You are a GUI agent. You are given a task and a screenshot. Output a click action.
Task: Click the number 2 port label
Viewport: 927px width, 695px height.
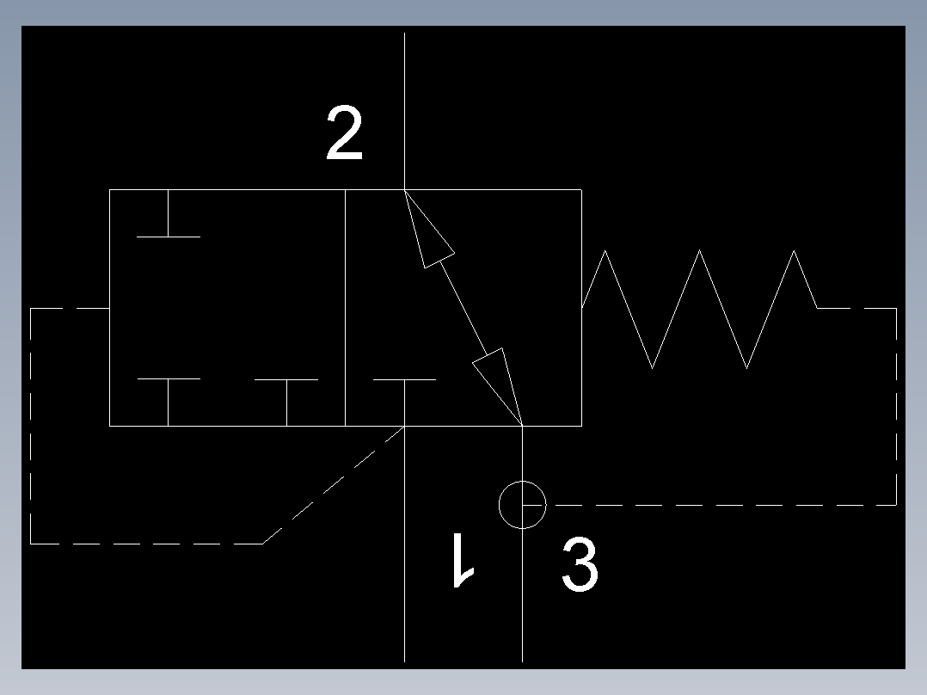pyautogui.click(x=344, y=134)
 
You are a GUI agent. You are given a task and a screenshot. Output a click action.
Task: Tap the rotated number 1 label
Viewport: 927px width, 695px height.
pyautogui.click(x=463, y=560)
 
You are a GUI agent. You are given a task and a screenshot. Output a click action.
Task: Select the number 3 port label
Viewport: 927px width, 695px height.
pyautogui.click(x=580, y=565)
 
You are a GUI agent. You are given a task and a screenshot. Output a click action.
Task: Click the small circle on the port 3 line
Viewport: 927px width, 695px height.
pyautogui.click(x=522, y=504)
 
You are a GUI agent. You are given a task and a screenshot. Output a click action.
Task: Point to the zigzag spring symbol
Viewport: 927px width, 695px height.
pyautogui.click(x=699, y=308)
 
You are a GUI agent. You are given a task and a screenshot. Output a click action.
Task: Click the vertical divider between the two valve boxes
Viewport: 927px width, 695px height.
pyautogui.click(x=345, y=307)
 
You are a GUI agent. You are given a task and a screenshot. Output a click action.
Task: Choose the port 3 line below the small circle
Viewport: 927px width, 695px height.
pyautogui.click(x=522, y=602)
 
